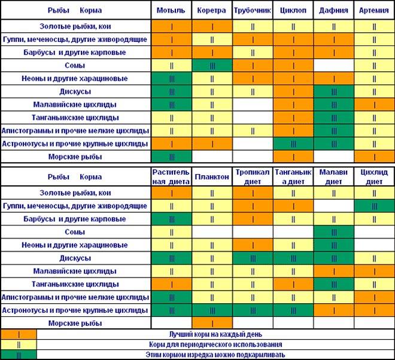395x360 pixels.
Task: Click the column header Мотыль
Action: [x=171, y=11]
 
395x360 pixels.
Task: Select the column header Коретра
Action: [x=212, y=11]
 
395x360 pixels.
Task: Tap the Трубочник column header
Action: [x=253, y=11]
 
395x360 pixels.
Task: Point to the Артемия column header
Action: [x=375, y=11]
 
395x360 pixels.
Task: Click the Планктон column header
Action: [x=212, y=177]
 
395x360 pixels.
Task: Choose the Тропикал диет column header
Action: [x=253, y=177]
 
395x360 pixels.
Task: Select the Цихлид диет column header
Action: [x=375, y=177]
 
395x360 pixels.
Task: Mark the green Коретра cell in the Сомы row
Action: [x=212, y=65]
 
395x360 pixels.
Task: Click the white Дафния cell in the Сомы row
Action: [x=334, y=65]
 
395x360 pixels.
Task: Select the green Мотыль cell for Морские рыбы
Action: [x=171, y=157]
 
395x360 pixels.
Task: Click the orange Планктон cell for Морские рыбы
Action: [x=212, y=323]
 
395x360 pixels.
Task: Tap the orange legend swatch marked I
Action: [x=18, y=334]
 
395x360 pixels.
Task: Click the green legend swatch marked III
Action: [x=18, y=355]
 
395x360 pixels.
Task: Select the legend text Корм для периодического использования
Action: [x=215, y=344]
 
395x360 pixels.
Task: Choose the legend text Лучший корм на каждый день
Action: [x=215, y=334]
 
